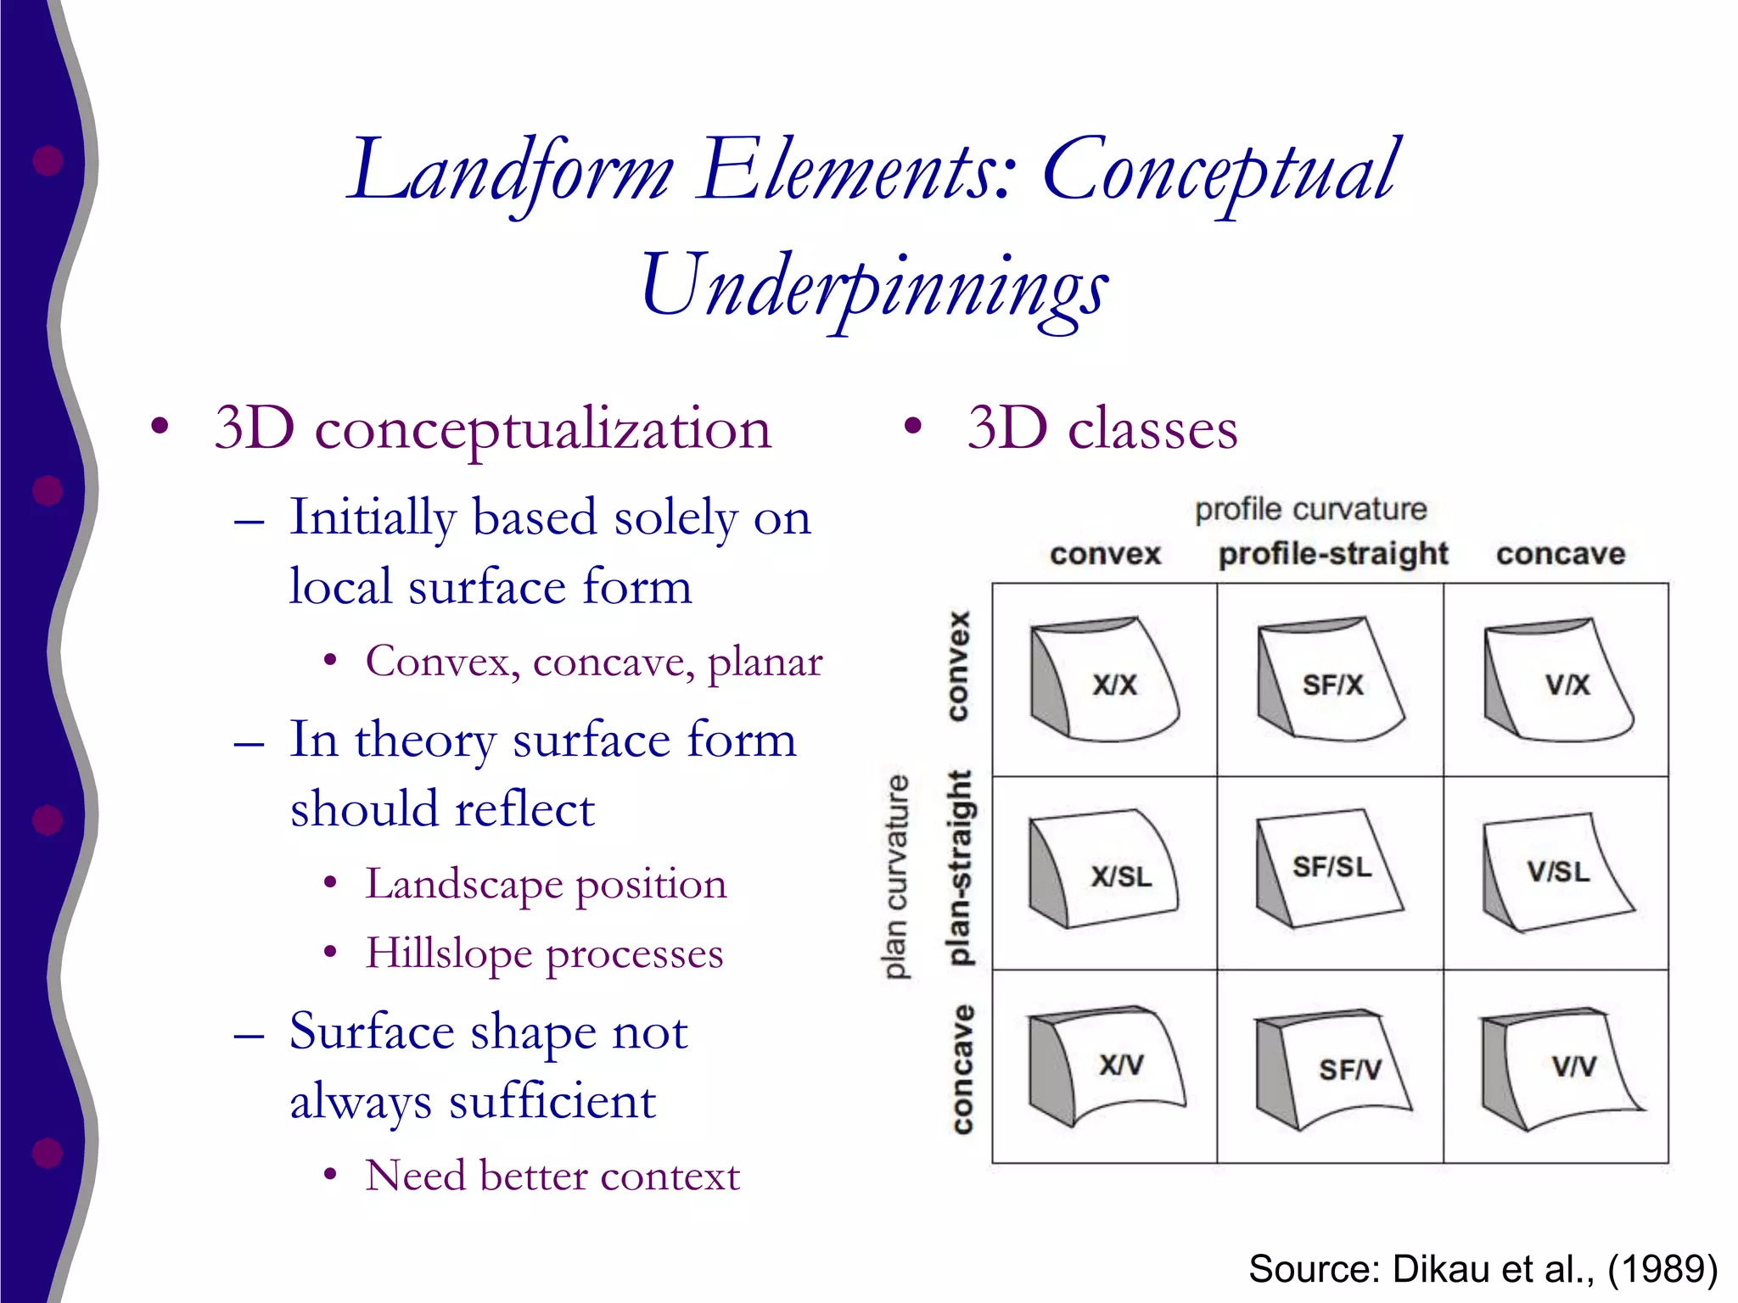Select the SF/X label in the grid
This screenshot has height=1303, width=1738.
click(x=1332, y=685)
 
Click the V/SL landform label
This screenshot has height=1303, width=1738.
click(x=1558, y=871)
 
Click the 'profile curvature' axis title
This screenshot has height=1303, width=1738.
click(x=1310, y=509)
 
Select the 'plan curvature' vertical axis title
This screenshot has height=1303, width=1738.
click(x=896, y=877)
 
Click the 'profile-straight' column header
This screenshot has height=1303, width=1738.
click(x=1332, y=554)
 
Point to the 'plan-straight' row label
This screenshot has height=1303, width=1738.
click(x=959, y=867)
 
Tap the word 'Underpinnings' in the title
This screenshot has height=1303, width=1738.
click(x=874, y=286)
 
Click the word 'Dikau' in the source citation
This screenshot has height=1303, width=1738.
click(x=1442, y=1268)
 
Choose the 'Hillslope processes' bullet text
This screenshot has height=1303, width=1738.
click(x=544, y=953)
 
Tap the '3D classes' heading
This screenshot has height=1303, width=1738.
click(x=1102, y=428)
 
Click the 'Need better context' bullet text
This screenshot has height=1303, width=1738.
click(x=552, y=1176)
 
